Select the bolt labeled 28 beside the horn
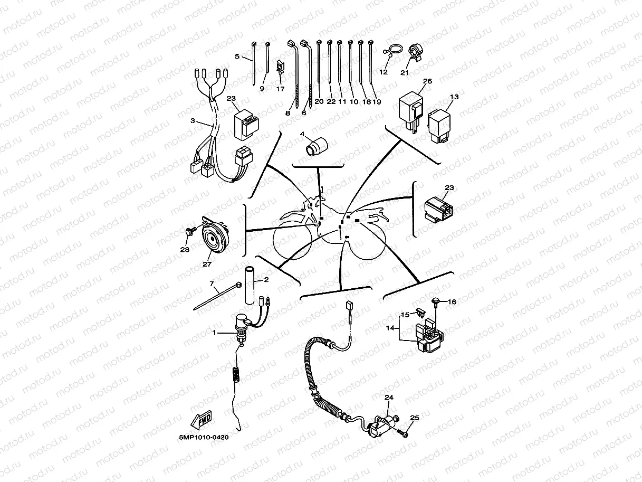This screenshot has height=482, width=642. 188,231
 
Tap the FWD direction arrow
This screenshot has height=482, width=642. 200,421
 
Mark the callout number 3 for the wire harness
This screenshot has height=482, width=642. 193,121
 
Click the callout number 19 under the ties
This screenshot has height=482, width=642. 377,101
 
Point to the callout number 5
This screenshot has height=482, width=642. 237,56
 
